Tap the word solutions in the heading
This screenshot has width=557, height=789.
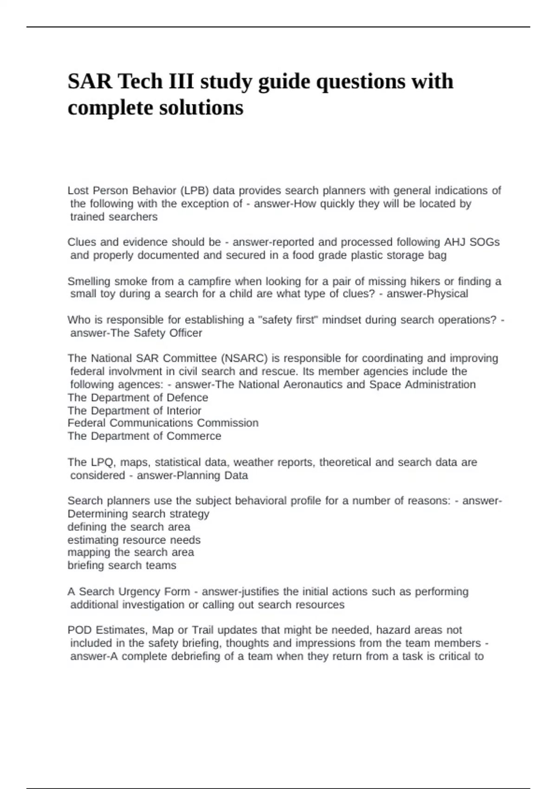201,108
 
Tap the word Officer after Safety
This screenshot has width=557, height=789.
185,333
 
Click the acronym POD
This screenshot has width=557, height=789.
79,630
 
